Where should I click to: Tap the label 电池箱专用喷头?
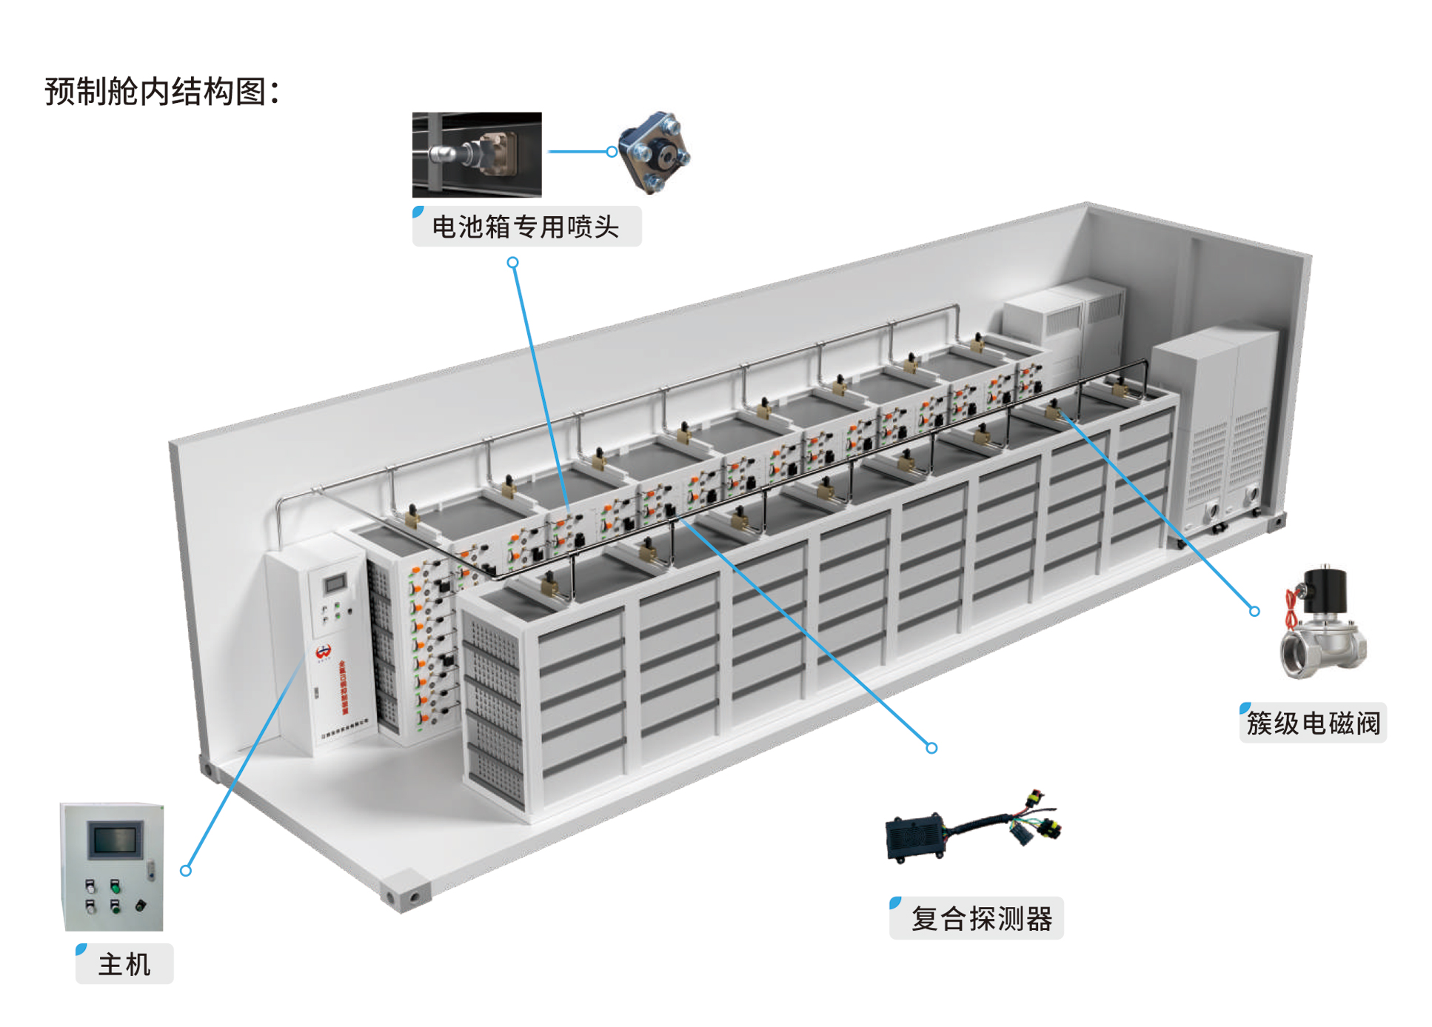coord(525,227)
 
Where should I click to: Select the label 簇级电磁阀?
coord(1313,723)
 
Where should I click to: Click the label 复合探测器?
coord(980,919)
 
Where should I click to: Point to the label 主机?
coord(124,965)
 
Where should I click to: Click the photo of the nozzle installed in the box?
coord(477,155)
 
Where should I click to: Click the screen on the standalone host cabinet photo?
coord(114,840)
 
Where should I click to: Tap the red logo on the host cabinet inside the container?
coord(323,652)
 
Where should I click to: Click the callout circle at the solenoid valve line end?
coord(1254,612)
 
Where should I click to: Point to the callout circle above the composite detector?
coord(931,749)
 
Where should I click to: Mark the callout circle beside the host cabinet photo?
coord(186,871)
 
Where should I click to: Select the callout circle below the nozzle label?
coord(512,263)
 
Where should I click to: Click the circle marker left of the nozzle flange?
coord(612,152)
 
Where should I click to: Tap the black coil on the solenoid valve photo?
coord(1328,585)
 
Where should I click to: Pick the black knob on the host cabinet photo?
coord(140,905)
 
